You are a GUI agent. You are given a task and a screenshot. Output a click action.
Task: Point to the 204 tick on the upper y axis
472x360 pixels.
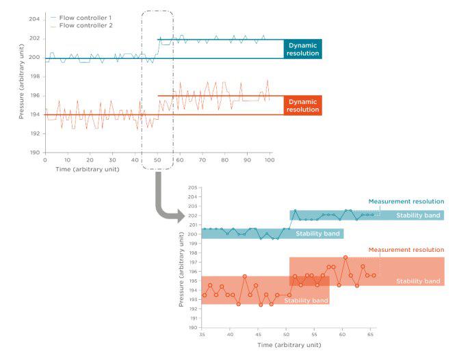pyautogui.click(x=34, y=19)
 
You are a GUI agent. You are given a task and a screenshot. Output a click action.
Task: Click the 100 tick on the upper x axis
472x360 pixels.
pyautogui.click(x=269, y=160)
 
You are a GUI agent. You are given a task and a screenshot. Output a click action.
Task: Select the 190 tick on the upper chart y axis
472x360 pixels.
pyautogui.click(x=34, y=153)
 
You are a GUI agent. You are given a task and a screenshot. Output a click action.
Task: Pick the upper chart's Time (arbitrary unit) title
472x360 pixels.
pyautogui.click(x=89, y=168)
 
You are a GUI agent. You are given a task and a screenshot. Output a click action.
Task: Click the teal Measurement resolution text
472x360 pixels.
pyautogui.click(x=406, y=201)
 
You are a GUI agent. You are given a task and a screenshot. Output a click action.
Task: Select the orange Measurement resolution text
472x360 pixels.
pyautogui.click(x=406, y=250)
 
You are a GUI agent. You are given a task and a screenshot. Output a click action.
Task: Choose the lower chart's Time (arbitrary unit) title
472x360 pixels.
pyautogui.click(x=289, y=345)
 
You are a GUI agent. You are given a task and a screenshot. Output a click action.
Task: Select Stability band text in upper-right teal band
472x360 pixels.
pyautogui.click(x=418, y=216)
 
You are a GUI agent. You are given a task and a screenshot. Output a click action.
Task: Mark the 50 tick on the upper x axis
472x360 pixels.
pyautogui.click(x=157, y=160)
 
